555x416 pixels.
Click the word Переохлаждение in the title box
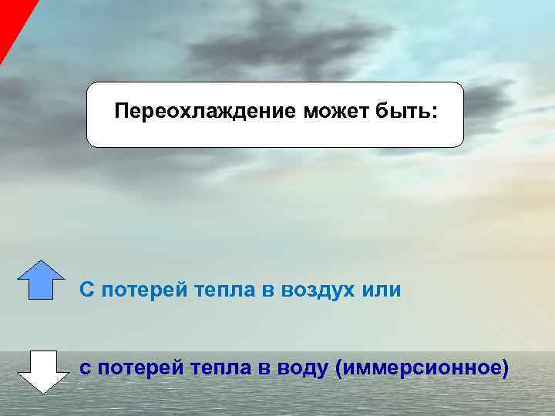coord(206,113)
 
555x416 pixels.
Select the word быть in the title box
coord(405,113)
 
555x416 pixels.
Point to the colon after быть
coord(434,114)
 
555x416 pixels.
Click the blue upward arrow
coord(41,279)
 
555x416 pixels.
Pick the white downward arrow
coord(39,371)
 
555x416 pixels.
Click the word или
coord(382,290)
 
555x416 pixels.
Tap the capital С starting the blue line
coord(87,290)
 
